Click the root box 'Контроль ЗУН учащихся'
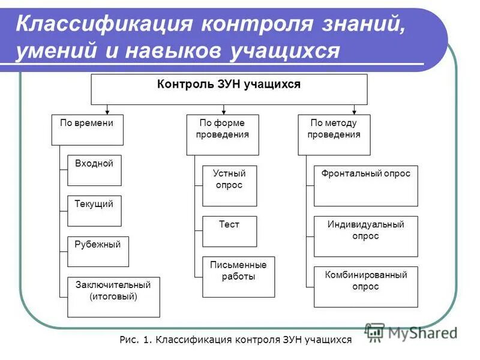pyautogui.click(x=229, y=89)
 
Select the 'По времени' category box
pyautogui.click(x=87, y=130)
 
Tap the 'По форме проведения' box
pyautogui.click(x=223, y=134)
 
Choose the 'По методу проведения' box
pyautogui.click(x=334, y=134)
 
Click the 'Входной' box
pyautogui.click(x=94, y=170)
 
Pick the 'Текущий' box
pyautogui.click(x=94, y=211)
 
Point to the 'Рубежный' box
pyautogui.click(x=98, y=251)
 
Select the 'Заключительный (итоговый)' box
pyautogui.click(x=113, y=296)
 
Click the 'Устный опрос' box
pyautogui.click(x=229, y=185)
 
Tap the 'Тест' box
pyautogui.click(x=229, y=231)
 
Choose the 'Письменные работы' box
pyautogui.click(x=238, y=277)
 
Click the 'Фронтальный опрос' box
pyautogui.click(x=365, y=185)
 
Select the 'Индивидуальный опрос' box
pyautogui.click(x=365, y=236)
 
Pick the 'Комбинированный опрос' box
pyautogui.click(x=365, y=286)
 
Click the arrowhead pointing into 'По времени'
pyautogui.click(x=107, y=111)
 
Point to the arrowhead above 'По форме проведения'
pyautogui.click(x=223, y=111)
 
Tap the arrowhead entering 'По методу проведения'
pyautogui.click(x=354, y=111)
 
